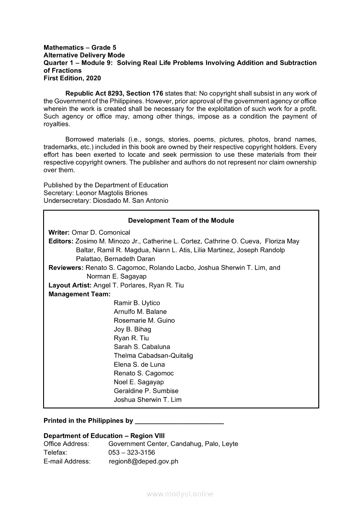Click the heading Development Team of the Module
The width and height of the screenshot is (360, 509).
coord(181,221)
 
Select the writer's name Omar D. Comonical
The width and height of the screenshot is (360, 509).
coord(101,233)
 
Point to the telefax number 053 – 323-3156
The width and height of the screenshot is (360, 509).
coord(132,453)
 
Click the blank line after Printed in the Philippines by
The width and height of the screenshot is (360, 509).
coord(180,421)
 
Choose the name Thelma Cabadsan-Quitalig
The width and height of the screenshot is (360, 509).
coord(153,356)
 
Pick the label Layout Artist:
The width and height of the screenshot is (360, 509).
coord(70,286)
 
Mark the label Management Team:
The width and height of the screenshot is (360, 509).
coord(74,294)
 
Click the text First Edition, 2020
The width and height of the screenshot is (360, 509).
coord(72,78)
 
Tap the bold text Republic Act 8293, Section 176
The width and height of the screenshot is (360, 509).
coord(114,93)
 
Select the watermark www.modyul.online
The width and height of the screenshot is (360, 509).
coord(180,494)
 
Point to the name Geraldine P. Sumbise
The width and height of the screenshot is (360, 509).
coord(146,391)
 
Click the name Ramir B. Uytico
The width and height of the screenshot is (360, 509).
coord(137,303)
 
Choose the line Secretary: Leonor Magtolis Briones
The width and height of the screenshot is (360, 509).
coord(95,193)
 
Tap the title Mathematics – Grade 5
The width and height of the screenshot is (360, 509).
coord(80,47)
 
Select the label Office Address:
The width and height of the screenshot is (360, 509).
coord(66,444)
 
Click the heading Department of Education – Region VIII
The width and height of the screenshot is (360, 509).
coord(104,436)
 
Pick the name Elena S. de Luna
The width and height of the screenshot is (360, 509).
coord(139,364)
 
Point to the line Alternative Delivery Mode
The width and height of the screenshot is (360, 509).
coord(84,55)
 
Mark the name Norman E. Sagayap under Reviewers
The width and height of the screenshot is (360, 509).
coord(116,276)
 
